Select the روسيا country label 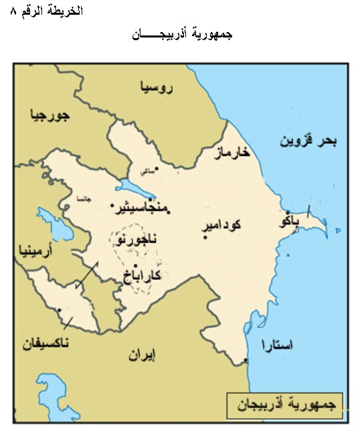(x=157, y=87)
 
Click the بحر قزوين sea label (x=308, y=141)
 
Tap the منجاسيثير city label (x=144, y=207)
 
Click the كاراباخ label (x=143, y=275)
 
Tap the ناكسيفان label (x=46, y=344)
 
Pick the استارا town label (x=277, y=345)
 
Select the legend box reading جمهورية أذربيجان (x=285, y=405)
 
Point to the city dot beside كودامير (x=205, y=236)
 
